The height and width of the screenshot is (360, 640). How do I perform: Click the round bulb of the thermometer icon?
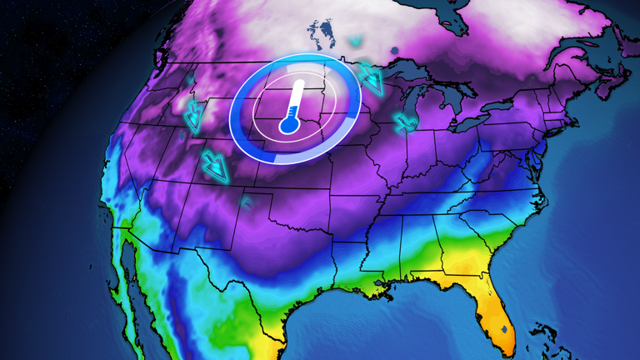288,126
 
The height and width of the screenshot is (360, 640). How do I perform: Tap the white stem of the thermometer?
294,101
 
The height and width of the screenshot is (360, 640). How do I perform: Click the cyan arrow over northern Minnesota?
371,79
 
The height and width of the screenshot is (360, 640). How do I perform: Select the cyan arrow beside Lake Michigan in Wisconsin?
406,122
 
